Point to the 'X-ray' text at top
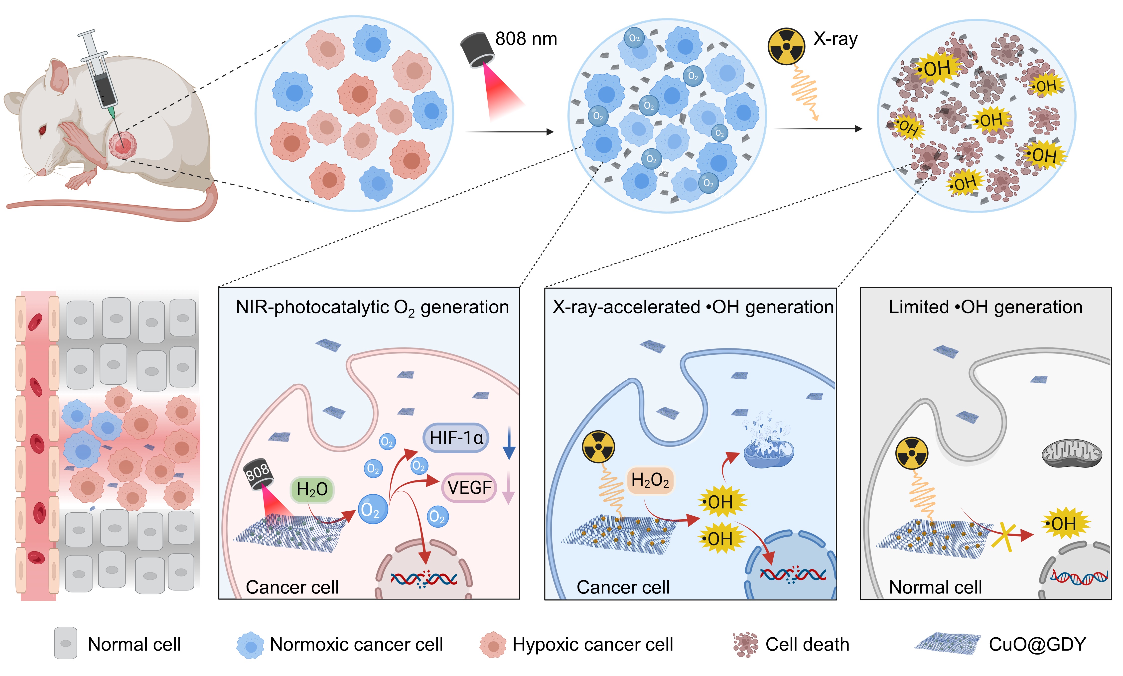835,39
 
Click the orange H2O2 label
650,480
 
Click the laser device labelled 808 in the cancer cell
258,474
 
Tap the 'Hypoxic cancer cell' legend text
592,645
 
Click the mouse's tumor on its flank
122,146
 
